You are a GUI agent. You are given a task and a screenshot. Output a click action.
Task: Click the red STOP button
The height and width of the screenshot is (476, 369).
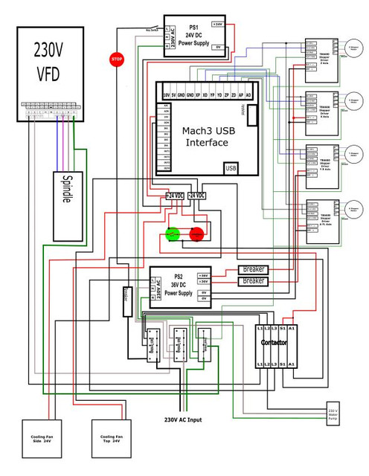[117, 59]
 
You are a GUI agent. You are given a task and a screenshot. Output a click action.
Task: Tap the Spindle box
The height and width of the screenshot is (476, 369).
[66, 190]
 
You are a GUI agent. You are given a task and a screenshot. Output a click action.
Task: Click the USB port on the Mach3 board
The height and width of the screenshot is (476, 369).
[231, 168]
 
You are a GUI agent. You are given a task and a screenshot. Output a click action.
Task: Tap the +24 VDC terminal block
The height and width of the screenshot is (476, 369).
[175, 195]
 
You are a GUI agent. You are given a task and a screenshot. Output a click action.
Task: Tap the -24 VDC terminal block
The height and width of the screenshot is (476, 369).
[198, 195]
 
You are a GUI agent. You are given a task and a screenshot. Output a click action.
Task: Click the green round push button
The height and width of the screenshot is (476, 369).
[173, 234]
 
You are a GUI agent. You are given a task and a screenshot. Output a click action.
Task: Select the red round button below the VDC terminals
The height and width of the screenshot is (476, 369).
[197, 234]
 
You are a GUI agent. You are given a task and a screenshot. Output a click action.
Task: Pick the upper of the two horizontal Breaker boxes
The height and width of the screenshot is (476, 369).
[254, 269]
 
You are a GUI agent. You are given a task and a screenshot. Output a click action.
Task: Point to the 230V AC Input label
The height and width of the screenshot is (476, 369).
[183, 419]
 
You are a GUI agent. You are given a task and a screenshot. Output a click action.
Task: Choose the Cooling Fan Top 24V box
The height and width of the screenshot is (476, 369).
[112, 439]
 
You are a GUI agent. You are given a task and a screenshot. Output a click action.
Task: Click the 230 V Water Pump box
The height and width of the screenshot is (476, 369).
[333, 413]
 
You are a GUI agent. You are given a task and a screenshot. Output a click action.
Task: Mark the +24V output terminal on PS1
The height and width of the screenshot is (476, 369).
[217, 24]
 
